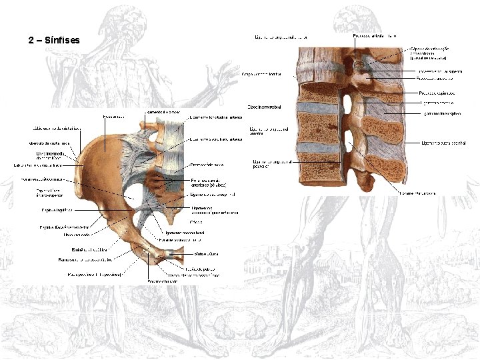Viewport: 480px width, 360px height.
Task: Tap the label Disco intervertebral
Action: tap(264, 107)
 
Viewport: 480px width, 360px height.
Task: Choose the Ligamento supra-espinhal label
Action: tap(443, 143)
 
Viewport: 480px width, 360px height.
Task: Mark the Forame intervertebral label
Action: tap(418, 193)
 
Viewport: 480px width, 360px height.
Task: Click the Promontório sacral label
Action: tap(207, 164)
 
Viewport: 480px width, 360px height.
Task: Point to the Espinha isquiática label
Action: tap(55, 209)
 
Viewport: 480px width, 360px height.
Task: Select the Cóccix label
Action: tap(196, 222)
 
